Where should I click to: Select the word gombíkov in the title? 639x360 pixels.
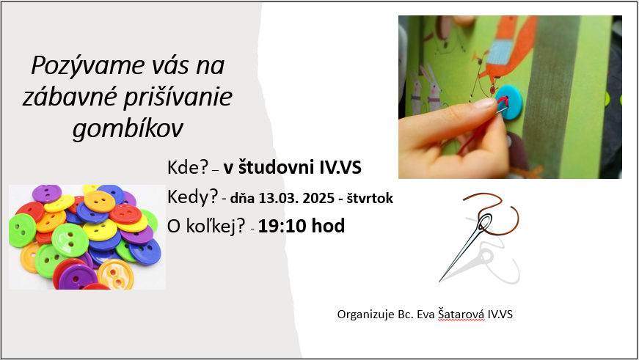[128, 129]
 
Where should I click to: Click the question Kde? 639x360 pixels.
[188, 167]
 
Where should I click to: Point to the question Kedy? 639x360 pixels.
[193, 197]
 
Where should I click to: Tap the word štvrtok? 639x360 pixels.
[370, 198]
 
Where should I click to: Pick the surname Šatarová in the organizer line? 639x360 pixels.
[461, 315]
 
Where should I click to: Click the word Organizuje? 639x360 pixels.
[366, 315]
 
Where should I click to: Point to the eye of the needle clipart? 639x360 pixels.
[484, 222]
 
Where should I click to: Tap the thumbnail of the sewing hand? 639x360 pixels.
[510, 97]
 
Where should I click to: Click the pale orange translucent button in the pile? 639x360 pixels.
[116, 274]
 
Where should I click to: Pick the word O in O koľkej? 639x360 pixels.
[174, 227]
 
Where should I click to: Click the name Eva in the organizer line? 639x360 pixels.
[426, 315]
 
